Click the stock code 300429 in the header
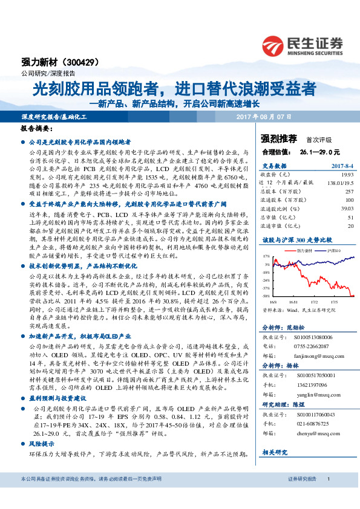pos(81,62)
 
